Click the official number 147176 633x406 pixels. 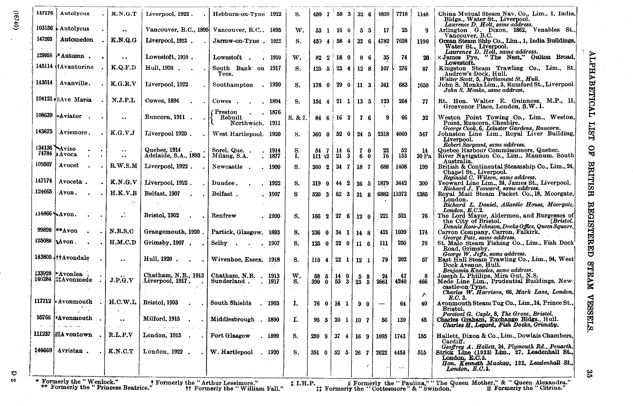click(44, 13)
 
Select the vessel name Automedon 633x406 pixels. click(76, 40)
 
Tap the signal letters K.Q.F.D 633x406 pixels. click(124, 67)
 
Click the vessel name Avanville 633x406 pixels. click(75, 83)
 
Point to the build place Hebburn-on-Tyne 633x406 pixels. click(239, 14)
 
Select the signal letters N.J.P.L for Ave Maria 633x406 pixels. click(124, 100)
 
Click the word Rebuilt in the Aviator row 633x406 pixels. click(231, 118)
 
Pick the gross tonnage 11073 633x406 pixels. click(400, 194)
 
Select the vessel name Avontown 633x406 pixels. click(76, 334)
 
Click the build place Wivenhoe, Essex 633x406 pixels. click(237, 260)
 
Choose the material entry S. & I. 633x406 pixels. click(298, 118)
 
